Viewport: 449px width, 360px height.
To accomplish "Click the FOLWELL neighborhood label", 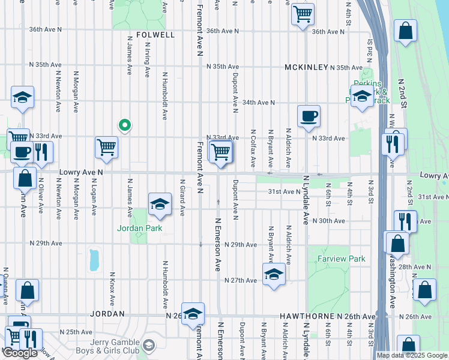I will (x=155, y=35).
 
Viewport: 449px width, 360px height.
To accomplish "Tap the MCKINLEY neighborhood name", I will (x=306, y=67).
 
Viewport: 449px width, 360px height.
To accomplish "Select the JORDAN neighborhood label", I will (x=107, y=314).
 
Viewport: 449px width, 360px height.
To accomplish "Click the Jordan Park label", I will (x=139, y=229).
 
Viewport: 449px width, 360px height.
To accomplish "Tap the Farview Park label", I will (x=340, y=259).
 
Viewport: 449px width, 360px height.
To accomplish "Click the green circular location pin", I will (x=124, y=125).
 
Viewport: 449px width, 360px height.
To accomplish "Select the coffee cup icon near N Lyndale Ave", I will (x=309, y=116).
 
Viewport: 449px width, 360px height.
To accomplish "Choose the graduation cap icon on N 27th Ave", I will (x=273, y=275).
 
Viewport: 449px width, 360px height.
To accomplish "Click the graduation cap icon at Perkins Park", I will (x=362, y=96).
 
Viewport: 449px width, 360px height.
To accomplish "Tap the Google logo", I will (x=20, y=353).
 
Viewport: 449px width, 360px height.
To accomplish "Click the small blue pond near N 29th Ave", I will (x=94, y=260).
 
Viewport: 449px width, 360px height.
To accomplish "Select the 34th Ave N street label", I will (x=258, y=103).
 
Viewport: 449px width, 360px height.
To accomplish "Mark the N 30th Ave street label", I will (x=331, y=221).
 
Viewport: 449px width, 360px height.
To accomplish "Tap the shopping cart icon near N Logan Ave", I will (x=106, y=147).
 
